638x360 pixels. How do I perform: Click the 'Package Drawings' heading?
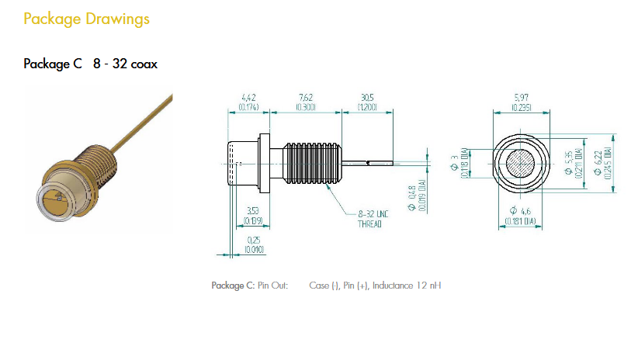coord(86,19)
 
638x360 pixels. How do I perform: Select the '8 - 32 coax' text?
coord(125,64)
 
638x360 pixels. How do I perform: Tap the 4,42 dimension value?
coord(249,97)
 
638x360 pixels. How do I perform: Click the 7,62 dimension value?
coord(305,97)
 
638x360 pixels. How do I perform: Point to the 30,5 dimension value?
coord(367,97)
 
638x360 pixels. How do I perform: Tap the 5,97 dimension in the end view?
coord(521,97)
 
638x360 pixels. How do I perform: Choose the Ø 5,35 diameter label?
coord(571,163)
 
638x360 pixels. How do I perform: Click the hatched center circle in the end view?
coord(520,164)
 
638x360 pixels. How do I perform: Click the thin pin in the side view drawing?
coord(369,163)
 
